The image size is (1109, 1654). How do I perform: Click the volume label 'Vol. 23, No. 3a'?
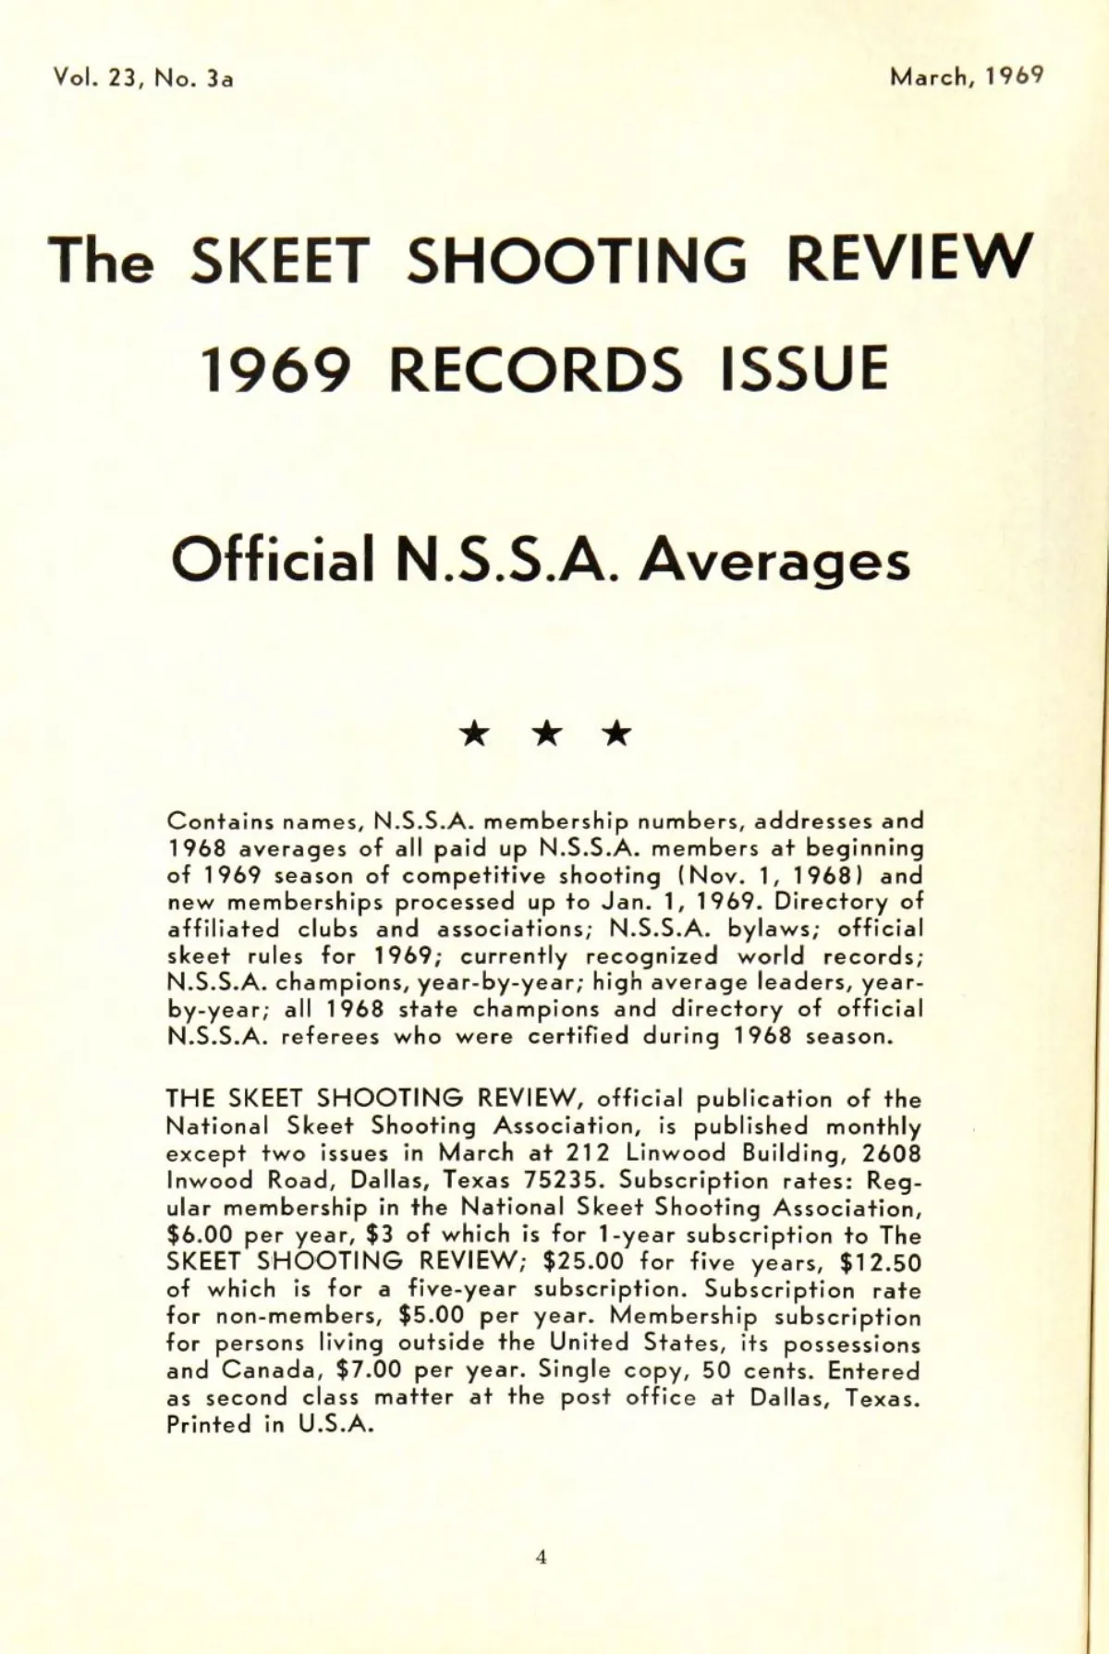143,79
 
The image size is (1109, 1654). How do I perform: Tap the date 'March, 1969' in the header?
967,77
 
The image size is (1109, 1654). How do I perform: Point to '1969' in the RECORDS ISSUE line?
277,369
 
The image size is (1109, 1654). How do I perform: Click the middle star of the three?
547,735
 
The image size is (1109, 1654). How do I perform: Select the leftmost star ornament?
476,735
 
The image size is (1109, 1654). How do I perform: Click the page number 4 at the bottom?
542,1558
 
